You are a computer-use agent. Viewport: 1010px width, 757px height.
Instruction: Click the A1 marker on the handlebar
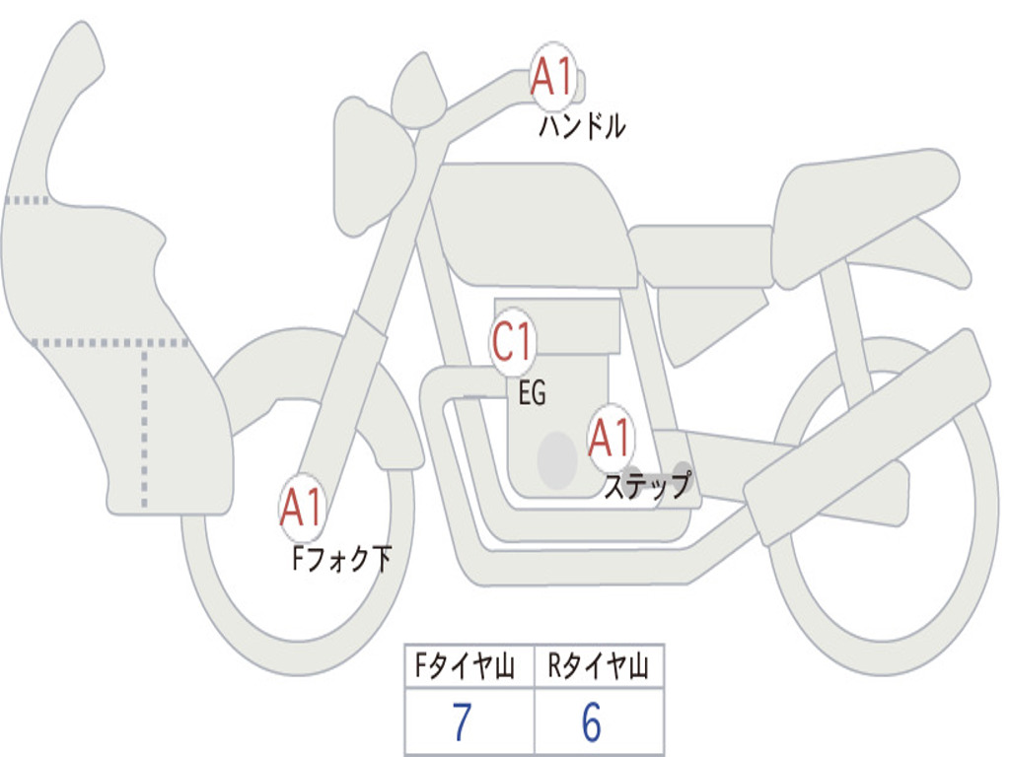[x=552, y=77]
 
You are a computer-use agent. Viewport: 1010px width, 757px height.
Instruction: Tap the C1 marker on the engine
[x=513, y=340]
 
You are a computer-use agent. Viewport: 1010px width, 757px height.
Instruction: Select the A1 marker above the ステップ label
[x=610, y=438]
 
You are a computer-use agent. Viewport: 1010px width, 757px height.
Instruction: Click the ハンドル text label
[x=582, y=126]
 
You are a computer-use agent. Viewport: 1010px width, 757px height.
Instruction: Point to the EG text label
[x=532, y=392]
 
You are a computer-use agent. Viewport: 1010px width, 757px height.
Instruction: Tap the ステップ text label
[x=648, y=485]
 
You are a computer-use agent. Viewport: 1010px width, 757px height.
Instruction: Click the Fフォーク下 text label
[x=342, y=558]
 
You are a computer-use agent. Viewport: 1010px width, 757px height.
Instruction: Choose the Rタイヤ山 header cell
[x=599, y=666]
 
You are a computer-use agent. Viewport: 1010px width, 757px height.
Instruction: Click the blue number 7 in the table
[x=462, y=722]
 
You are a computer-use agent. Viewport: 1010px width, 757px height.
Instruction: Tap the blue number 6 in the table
[x=592, y=722]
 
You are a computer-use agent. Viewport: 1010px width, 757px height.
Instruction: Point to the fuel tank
[x=532, y=226]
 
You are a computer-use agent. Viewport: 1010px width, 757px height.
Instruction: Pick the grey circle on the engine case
[x=557, y=460]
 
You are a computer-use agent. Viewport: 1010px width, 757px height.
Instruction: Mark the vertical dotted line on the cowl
[x=144, y=428]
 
